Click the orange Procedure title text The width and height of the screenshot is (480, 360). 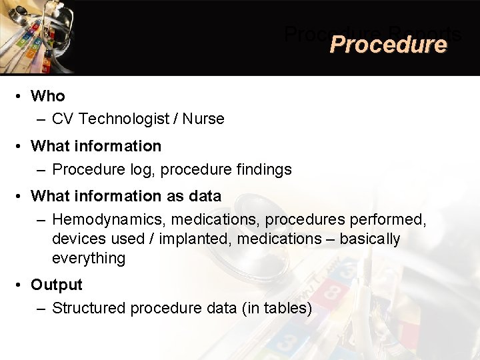(387, 45)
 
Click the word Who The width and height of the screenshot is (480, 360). (48, 96)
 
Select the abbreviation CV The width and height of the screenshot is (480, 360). (63, 119)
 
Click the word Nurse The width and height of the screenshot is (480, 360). (203, 119)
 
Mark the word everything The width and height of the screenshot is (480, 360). (89, 259)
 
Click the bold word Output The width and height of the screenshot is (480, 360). (57, 285)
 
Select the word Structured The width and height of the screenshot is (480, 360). (89, 308)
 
